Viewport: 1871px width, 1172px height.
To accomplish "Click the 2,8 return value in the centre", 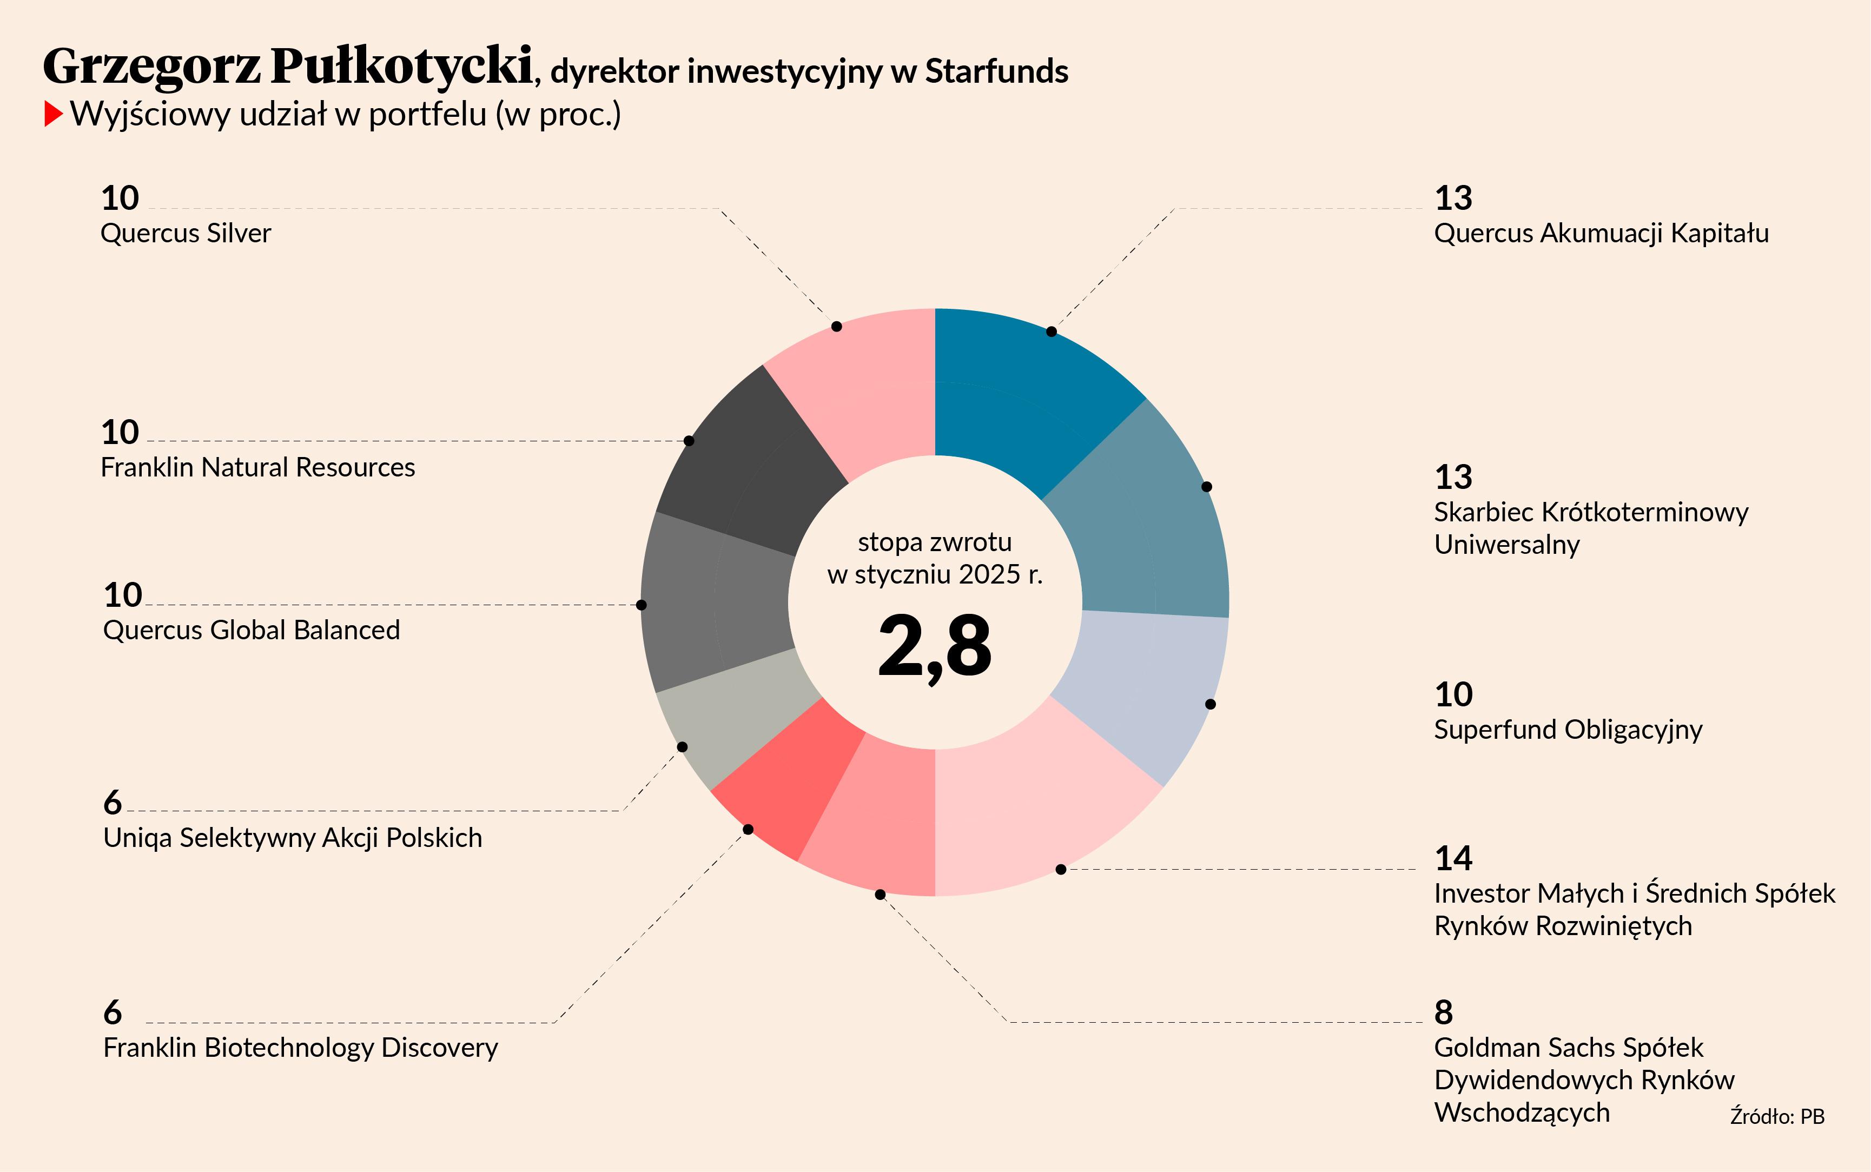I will [935, 645].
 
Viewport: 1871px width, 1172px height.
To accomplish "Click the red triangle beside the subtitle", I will [52, 114].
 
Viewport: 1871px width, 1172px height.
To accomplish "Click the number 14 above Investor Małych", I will [1453, 858].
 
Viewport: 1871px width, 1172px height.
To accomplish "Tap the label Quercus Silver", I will [186, 233].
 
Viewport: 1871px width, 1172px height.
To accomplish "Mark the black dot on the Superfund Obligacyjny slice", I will [1211, 704].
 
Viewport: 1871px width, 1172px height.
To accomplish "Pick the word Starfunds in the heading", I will [997, 71].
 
